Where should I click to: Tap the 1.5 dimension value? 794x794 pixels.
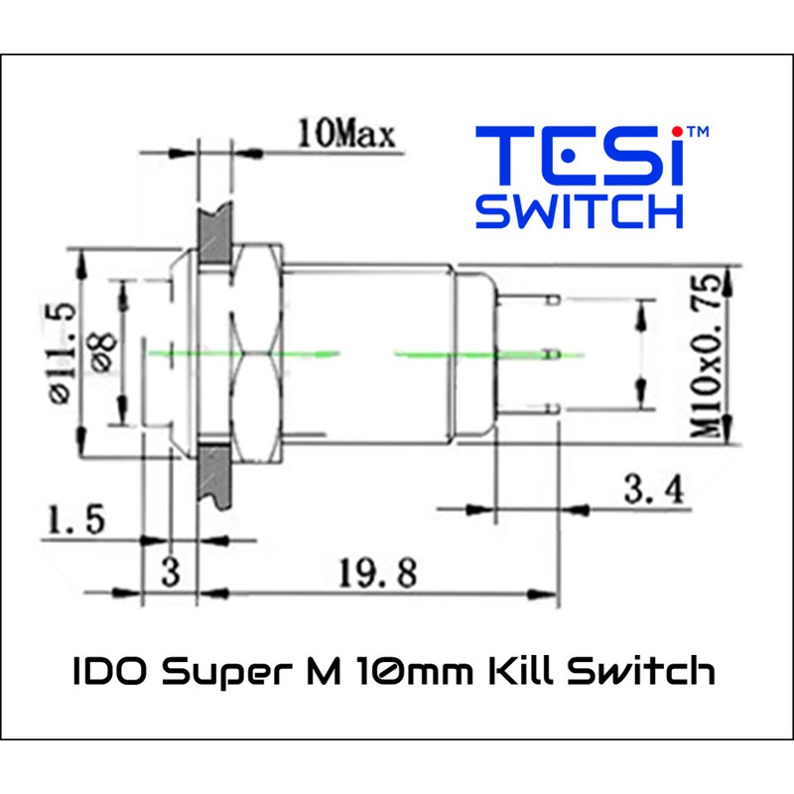(x=75, y=519)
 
